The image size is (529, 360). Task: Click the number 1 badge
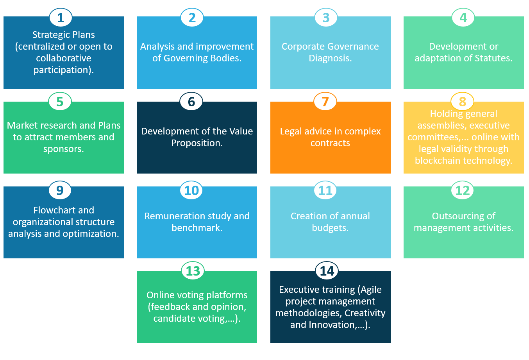click(x=60, y=18)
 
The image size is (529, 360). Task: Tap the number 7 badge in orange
click(x=325, y=102)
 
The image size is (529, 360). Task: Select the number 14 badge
click(x=327, y=271)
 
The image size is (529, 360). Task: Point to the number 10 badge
click(x=191, y=190)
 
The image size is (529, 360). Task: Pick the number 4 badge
click(x=463, y=18)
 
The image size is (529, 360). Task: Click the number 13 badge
click(x=193, y=271)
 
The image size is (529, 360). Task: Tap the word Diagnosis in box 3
click(x=329, y=58)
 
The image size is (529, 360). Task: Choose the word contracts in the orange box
click(x=330, y=143)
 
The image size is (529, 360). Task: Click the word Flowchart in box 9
click(x=53, y=210)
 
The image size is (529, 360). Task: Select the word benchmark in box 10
click(x=197, y=228)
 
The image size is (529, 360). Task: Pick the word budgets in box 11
click(x=329, y=228)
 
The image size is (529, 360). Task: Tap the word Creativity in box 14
click(x=365, y=313)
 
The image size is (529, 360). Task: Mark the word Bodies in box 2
click(x=227, y=58)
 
